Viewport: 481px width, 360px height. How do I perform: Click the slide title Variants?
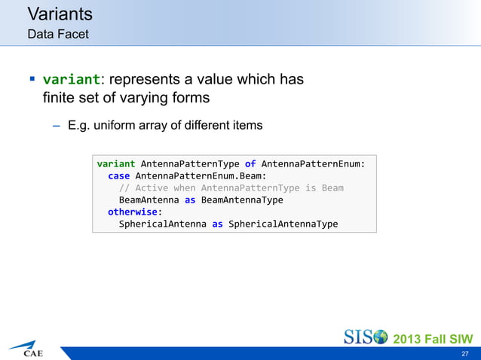(60, 14)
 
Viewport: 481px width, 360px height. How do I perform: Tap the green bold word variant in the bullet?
(71, 79)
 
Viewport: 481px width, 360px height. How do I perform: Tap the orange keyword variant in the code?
(116, 163)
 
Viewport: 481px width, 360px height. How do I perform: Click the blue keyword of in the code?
(250, 163)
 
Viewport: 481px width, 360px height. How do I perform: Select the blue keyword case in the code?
(118, 175)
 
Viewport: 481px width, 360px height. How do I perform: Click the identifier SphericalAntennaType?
(283, 224)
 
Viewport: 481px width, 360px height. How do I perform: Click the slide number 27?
(464, 353)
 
